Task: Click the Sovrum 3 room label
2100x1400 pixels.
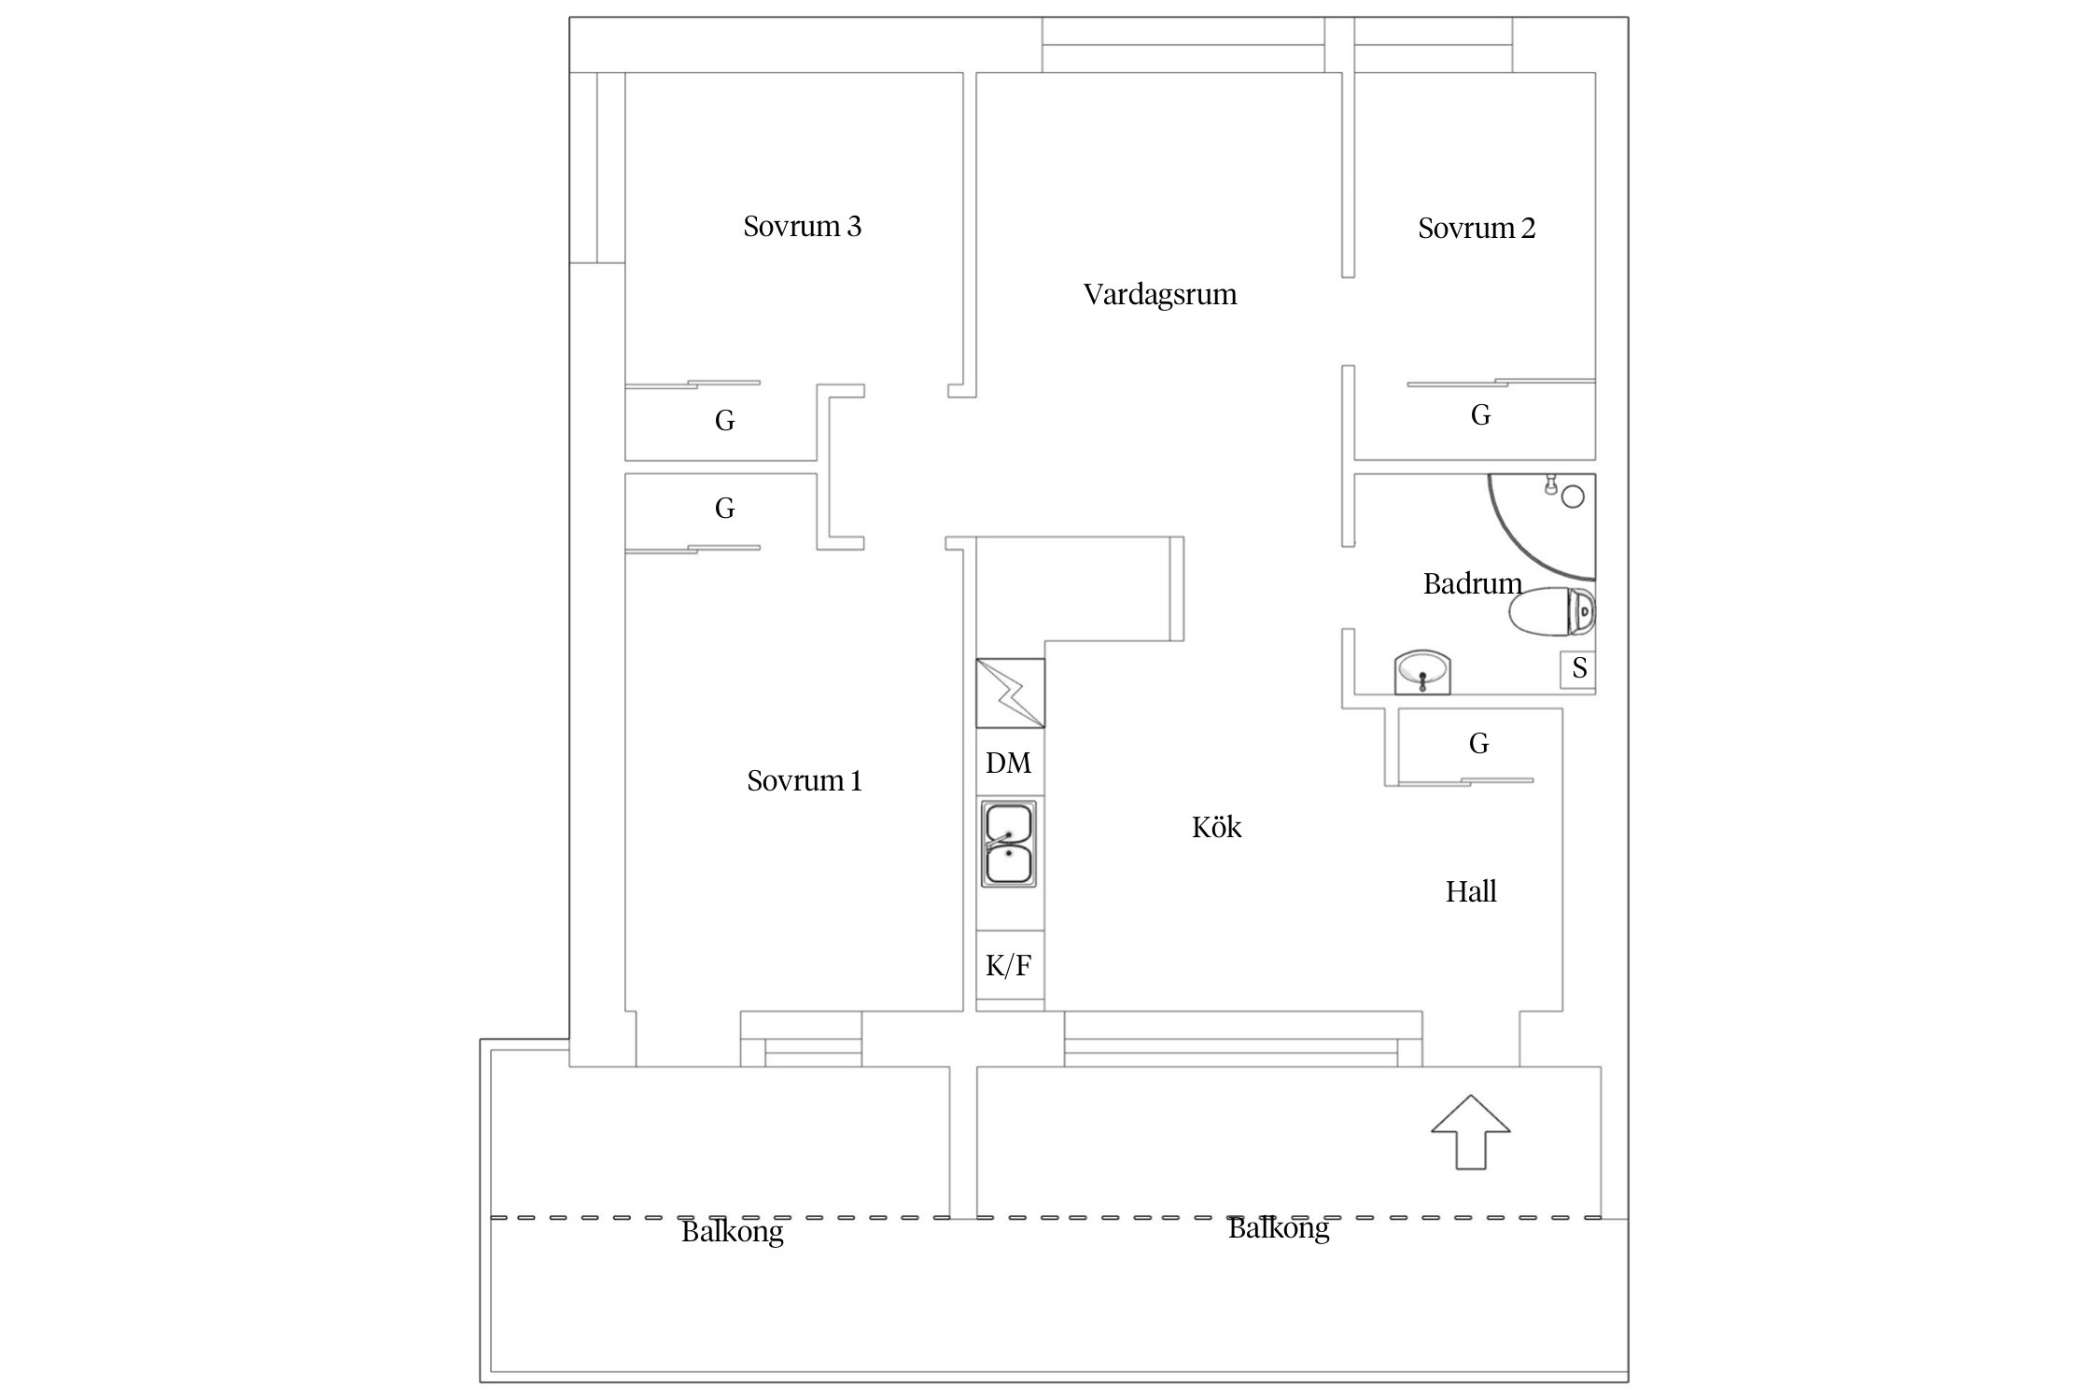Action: click(802, 227)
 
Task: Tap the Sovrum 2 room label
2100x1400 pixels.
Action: click(1476, 229)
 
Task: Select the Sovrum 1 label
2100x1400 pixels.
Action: click(804, 780)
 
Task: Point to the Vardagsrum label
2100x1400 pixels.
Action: click(1159, 295)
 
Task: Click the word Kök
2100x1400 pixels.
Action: click(1216, 828)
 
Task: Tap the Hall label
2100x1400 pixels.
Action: click(1471, 892)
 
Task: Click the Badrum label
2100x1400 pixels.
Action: click(1472, 584)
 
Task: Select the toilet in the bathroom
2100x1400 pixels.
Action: click(1551, 612)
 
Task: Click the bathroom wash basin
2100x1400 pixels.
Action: click(1422, 671)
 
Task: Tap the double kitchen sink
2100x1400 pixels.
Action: click(1009, 843)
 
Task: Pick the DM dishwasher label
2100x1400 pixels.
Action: click(1009, 763)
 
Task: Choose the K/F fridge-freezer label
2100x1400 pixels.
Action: click(1009, 965)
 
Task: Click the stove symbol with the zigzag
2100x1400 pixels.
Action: click(1010, 693)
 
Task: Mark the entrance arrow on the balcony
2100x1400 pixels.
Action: click(1471, 1131)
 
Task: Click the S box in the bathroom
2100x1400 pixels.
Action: click(1579, 668)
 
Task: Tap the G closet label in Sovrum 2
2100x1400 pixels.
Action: click(1480, 415)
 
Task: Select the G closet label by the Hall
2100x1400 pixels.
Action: click(1478, 744)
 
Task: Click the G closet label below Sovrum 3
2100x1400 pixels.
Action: click(724, 421)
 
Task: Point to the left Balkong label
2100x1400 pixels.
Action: click(732, 1232)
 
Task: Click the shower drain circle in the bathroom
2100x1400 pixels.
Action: click(1573, 497)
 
